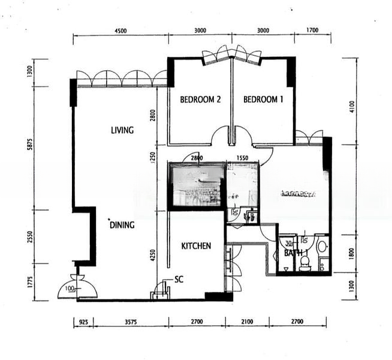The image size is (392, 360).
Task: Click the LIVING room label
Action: [x=122, y=130]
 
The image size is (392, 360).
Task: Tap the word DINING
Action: [x=122, y=225]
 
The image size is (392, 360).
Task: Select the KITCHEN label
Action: [x=196, y=245]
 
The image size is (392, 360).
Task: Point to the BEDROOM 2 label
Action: [x=201, y=100]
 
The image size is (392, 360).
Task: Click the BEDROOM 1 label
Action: [x=263, y=100]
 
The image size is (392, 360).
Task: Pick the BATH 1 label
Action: [x=296, y=253]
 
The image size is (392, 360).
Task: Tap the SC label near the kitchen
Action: [x=179, y=279]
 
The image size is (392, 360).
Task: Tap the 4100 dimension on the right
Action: [x=352, y=106]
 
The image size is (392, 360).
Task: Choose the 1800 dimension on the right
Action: [x=352, y=248]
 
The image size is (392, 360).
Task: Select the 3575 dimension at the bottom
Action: [x=131, y=322]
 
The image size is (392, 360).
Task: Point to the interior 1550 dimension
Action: [x=242, y=158]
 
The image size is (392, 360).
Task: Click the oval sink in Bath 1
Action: [x=321, y=246]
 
